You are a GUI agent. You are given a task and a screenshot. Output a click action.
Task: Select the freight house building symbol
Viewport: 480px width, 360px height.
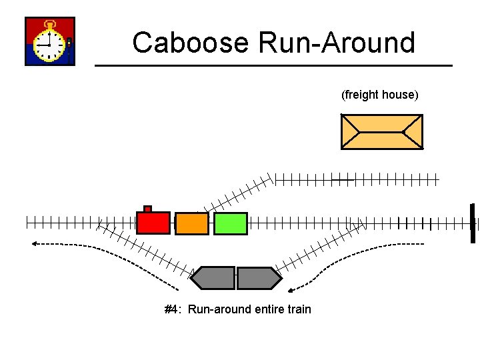point(381,131)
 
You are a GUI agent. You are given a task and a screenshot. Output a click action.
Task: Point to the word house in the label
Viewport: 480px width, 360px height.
point(401,95)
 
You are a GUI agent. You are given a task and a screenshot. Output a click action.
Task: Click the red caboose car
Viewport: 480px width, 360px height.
point(153,223)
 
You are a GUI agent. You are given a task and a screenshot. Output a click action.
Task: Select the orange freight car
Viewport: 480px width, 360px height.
point(192,223)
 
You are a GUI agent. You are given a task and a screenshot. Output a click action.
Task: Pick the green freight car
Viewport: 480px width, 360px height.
point(231,223)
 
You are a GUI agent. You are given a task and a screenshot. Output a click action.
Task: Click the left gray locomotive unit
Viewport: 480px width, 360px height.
point(213,278)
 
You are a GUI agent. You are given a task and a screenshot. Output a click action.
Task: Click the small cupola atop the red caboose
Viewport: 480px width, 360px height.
point(148,209)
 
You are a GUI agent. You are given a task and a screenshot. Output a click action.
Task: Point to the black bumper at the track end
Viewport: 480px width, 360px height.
point(472,223)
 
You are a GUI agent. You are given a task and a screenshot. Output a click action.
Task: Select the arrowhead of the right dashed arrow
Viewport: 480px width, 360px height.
point(292,290)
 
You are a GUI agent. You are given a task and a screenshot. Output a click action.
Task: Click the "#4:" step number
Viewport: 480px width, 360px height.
point(173,309)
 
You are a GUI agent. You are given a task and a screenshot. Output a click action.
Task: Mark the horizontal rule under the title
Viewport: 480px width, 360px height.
point(273,65)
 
